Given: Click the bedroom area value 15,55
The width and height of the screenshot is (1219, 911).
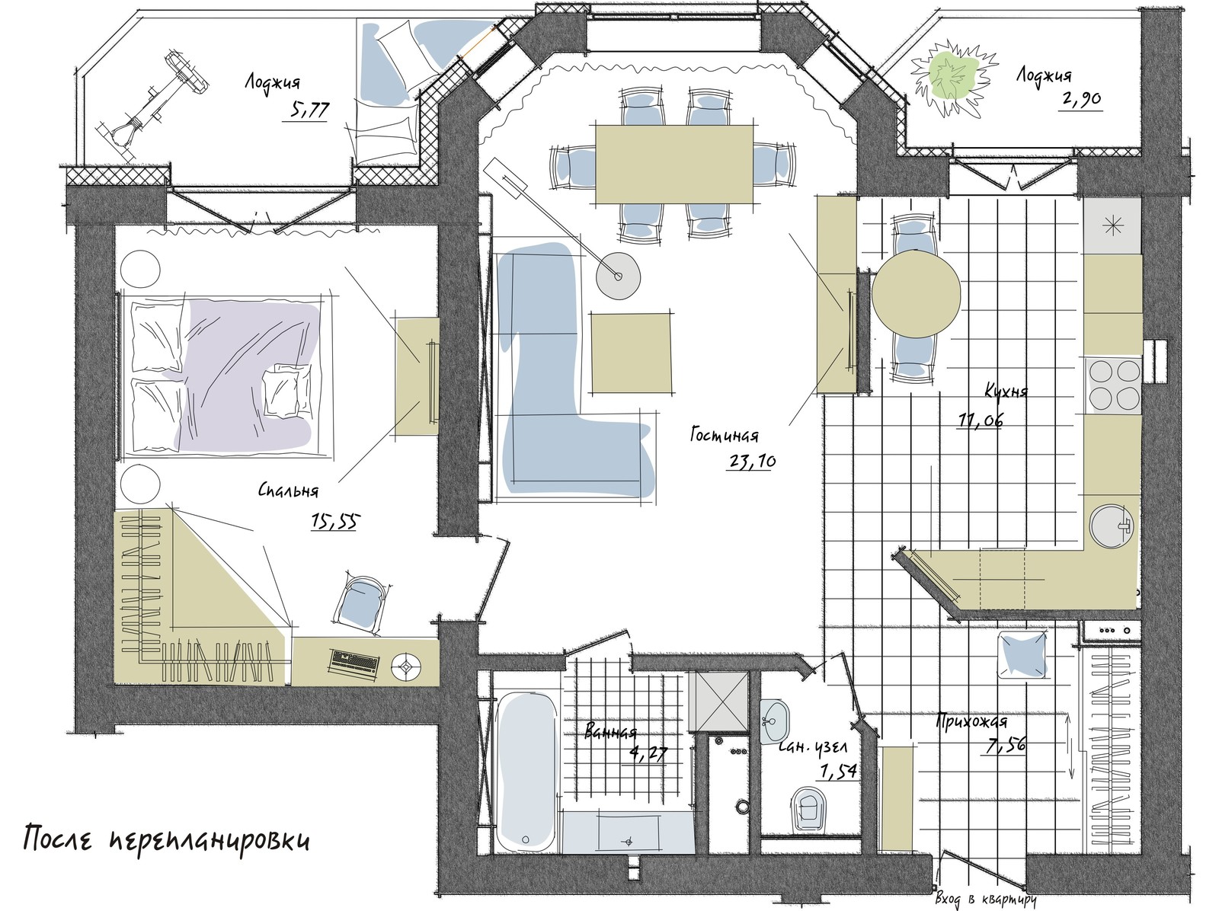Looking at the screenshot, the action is tap(335, 521).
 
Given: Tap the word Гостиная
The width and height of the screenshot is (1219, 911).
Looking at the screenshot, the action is tap(725, 434).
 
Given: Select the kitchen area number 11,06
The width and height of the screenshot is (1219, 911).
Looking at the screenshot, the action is tap(981, 420).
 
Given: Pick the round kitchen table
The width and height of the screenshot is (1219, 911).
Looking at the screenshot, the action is tap(916, 294).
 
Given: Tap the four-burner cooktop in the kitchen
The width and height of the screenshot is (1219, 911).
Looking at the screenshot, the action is tap(1114, 385).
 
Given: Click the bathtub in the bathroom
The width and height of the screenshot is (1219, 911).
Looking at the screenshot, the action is tap(526, 771).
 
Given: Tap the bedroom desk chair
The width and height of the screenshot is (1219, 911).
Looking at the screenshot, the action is tap(361, 603).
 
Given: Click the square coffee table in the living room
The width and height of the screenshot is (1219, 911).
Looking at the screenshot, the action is tap(631, 353).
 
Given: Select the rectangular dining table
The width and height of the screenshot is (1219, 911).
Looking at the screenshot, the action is tap(674, 164).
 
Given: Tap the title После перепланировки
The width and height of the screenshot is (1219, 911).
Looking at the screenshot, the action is tap(166, 840).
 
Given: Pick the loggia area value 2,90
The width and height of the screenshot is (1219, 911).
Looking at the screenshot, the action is tap(1080, 99).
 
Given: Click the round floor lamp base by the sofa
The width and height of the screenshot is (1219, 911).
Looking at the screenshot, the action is tap(618, 276).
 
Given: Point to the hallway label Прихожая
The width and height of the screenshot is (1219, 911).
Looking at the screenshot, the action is tap(971, 721).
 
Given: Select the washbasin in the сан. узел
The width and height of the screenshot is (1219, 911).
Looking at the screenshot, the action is tap(773, 721).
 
